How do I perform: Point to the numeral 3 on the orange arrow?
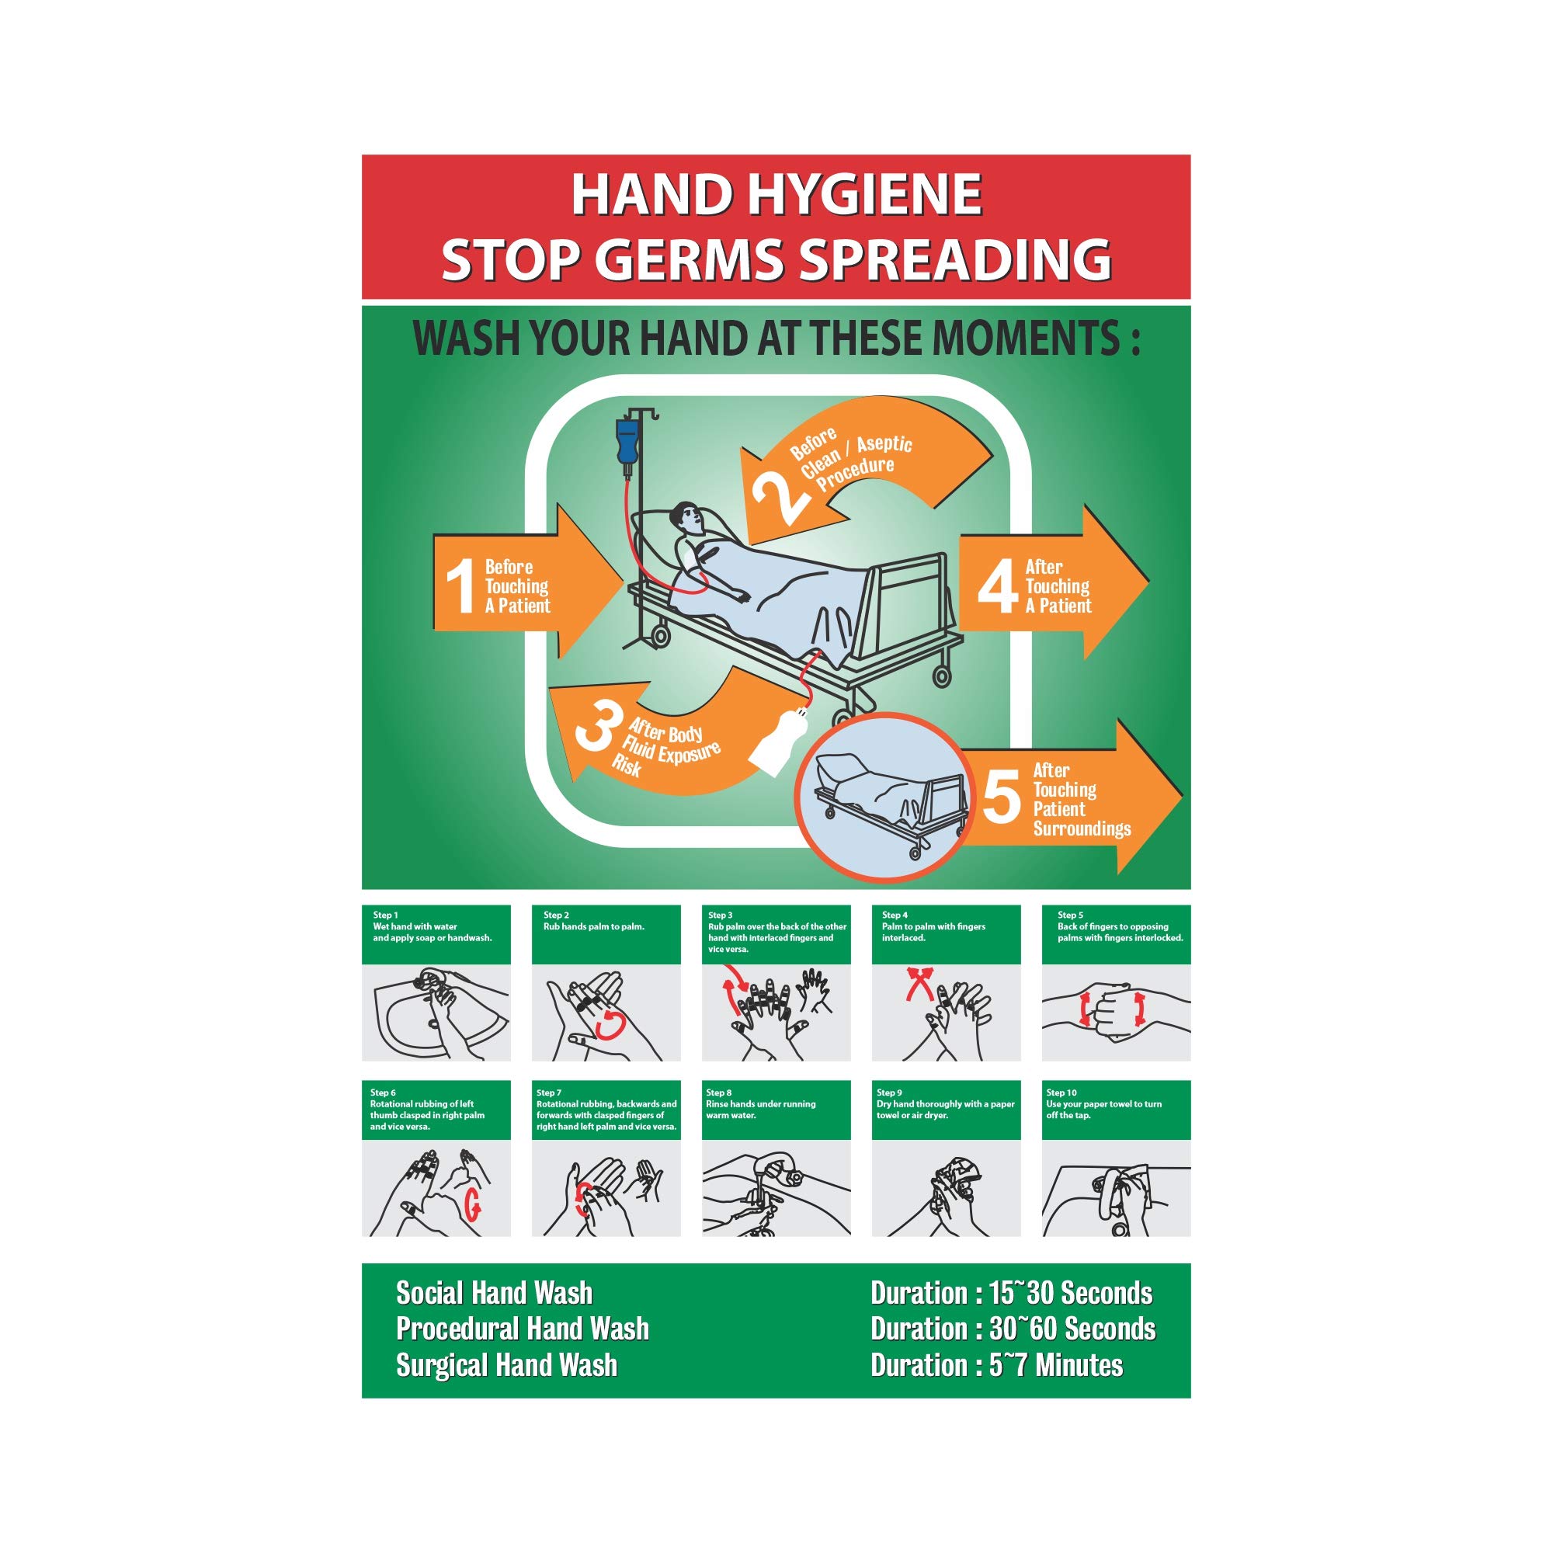594,726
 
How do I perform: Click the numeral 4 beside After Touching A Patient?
997,586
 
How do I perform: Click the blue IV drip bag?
627,442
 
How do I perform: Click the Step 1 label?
385,915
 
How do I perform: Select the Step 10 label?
1061,1093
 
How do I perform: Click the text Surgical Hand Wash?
506,1365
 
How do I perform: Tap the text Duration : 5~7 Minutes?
996,1365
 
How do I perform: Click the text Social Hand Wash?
494,1293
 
